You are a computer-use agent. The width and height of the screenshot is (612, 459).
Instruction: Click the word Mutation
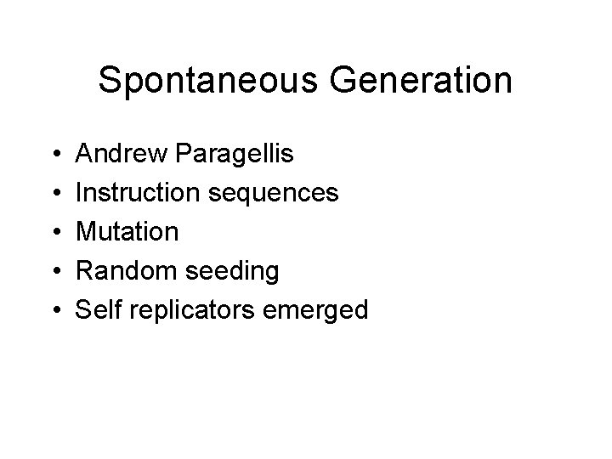tap(127, 232)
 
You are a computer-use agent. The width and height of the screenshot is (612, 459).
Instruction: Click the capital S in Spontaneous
tap(110, 81)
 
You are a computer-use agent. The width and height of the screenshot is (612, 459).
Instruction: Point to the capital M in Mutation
tap(87, 232)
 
